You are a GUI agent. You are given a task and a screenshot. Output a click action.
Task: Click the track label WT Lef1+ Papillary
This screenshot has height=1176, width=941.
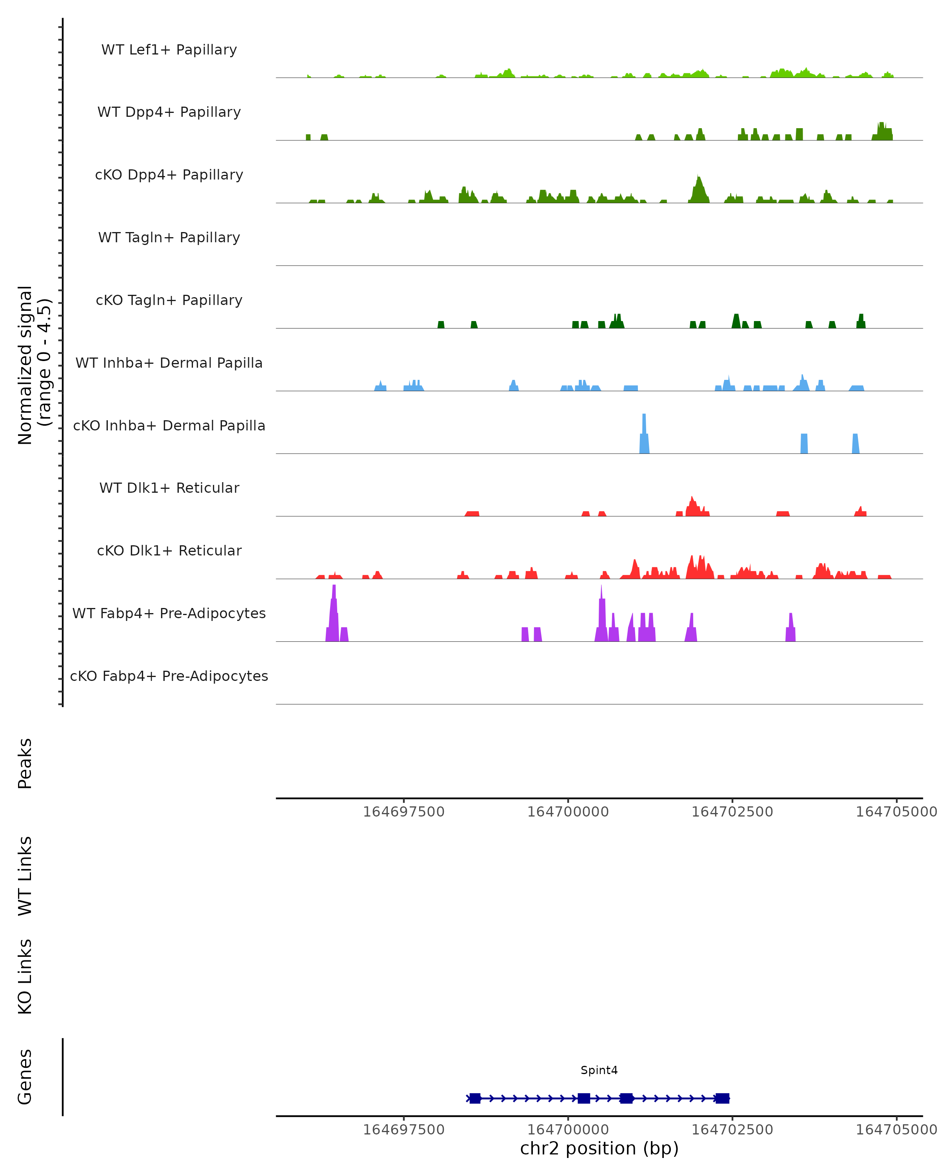tap(169, 50)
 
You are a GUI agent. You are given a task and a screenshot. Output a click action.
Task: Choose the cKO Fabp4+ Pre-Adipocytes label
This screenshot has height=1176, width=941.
tap(169, 676)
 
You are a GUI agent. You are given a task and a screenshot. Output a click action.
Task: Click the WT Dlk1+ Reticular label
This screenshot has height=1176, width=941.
tap(169, 488)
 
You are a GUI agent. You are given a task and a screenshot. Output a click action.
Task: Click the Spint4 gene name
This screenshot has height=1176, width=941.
tap(599, 1070)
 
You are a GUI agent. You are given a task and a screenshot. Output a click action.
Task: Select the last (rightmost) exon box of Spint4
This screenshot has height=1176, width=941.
tap(722, 1098)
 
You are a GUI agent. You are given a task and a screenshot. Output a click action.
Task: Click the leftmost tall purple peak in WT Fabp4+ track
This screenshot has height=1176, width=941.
tap(334, 611)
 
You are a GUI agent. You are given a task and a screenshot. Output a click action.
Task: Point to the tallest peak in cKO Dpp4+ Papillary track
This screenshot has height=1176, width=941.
tap(698, 188)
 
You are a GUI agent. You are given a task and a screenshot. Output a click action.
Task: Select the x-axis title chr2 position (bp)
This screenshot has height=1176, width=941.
tap(599, 1148)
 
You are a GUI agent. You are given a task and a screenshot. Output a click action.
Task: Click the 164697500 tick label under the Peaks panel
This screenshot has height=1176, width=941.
tap(404, 812)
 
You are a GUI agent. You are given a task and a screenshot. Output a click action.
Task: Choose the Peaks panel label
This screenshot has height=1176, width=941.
tap(25, 763)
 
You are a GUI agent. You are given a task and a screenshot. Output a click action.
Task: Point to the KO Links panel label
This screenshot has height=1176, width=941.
tap(25, 976)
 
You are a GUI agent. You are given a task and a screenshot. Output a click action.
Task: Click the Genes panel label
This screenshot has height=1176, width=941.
tap(25, 1076)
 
